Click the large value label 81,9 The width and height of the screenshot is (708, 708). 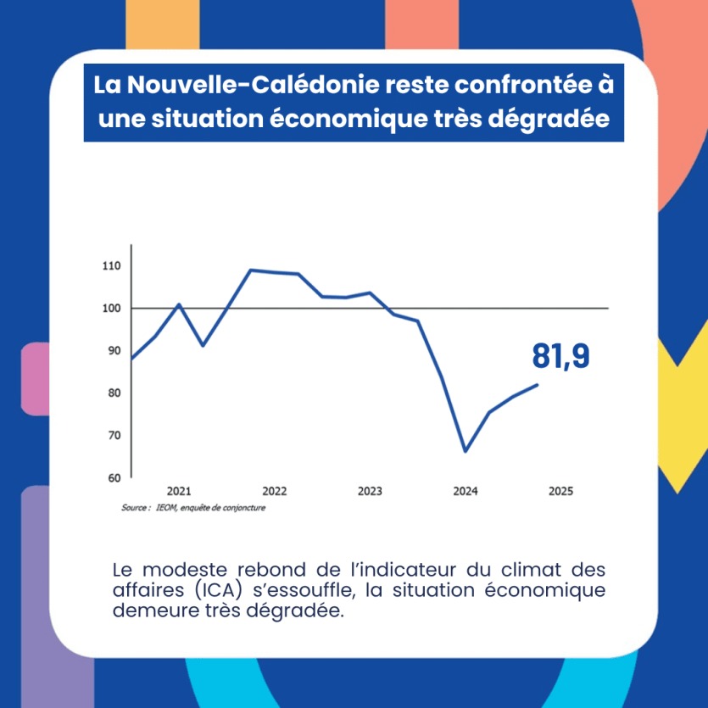[560, 357]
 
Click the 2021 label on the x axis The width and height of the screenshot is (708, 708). [179, 492]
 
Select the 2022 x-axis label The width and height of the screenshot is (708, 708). [275, 492]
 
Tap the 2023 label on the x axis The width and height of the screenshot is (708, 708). [370, 492]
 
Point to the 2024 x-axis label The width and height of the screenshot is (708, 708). [465, 492]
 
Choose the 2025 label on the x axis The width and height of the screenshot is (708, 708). [560, 492]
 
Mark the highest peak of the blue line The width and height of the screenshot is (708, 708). [250, 270]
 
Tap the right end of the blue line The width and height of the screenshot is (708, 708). [537, 385]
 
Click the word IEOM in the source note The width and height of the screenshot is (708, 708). [164, 509]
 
